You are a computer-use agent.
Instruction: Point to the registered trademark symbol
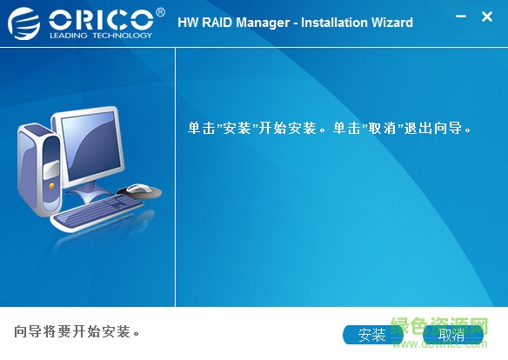(x=160, y=11)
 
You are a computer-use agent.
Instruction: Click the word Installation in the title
(x=334, y=22)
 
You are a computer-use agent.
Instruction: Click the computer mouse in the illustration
(x=138, y=189)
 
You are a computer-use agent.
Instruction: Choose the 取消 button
(x=451, y=335)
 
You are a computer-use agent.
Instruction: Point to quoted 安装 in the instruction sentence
(x=237, y=128)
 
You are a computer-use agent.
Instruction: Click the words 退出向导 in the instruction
(x=433, y=128)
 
